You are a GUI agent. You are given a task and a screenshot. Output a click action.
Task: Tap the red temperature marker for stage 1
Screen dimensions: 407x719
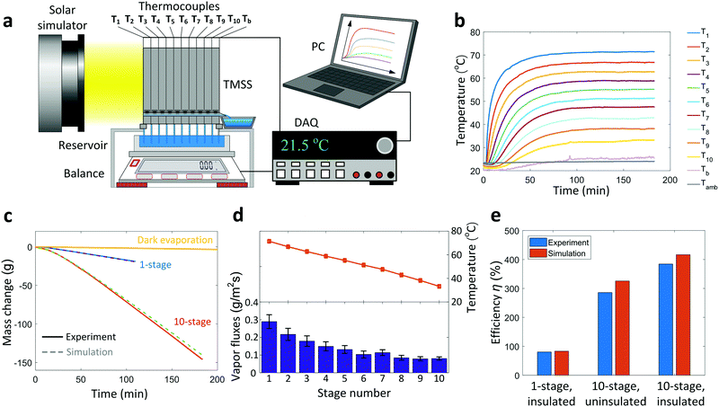(x=268, y=241)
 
